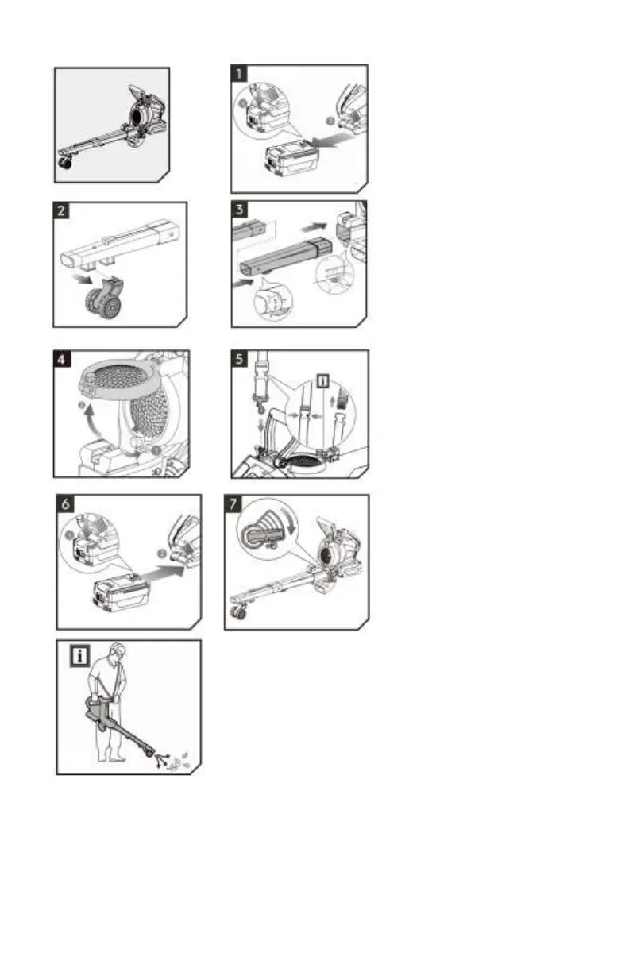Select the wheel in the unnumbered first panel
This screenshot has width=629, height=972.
pos(62,164)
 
